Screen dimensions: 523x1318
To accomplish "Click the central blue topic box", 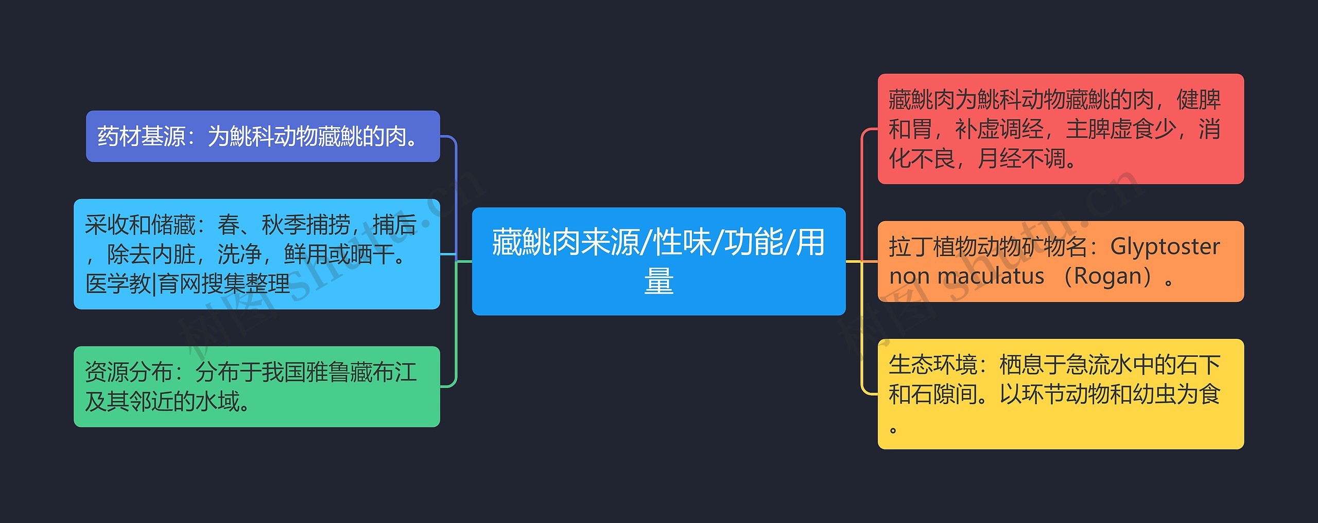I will (x=658, y=261).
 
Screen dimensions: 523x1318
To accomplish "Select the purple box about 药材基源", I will (x=263, y=136).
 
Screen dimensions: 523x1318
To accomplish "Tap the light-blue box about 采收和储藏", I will (x=256, y=254).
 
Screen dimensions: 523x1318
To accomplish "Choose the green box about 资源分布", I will (x=256, y=386).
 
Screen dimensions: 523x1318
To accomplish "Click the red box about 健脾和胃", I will (x=1061, y=129).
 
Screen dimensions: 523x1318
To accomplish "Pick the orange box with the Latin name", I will (x=1061, y=261).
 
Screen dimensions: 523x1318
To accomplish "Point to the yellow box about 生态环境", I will (x=1061, y=393).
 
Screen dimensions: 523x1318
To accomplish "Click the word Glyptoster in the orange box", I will (x=1165, y=247).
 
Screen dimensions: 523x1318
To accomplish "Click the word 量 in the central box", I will (x=658, y=281).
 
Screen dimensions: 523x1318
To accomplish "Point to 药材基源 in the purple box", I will (x=141, y=136).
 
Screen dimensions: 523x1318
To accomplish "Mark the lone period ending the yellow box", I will (x=893, y=429).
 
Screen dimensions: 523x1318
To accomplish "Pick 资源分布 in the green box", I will (x=129, y=372).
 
